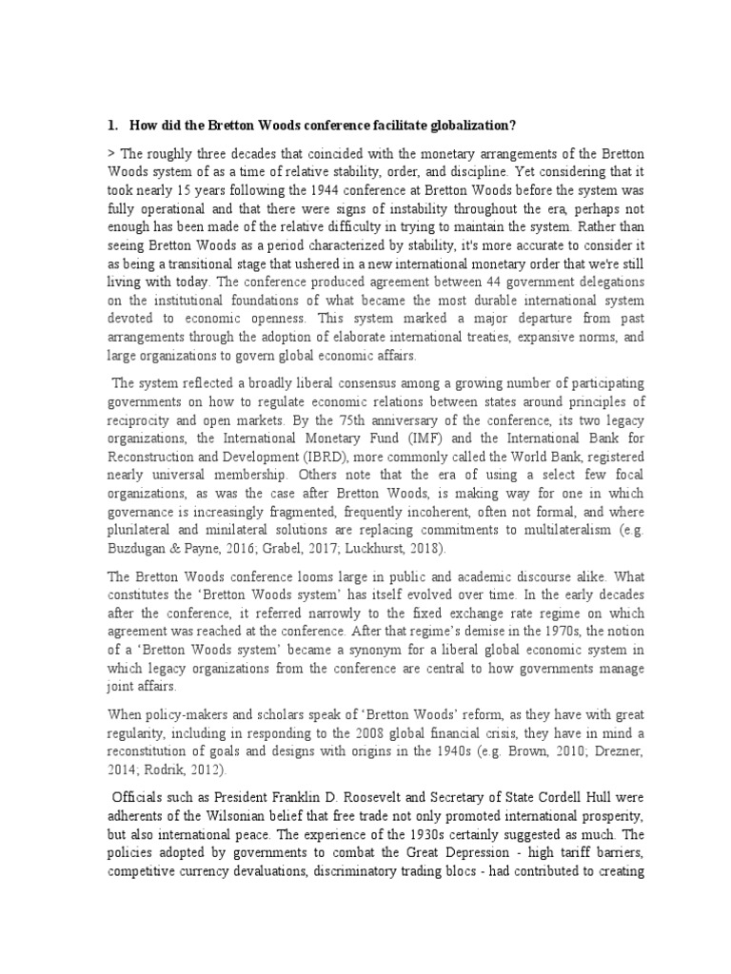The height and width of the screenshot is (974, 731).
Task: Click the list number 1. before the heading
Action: (111, 126)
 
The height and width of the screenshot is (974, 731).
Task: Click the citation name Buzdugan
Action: (139, 551)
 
